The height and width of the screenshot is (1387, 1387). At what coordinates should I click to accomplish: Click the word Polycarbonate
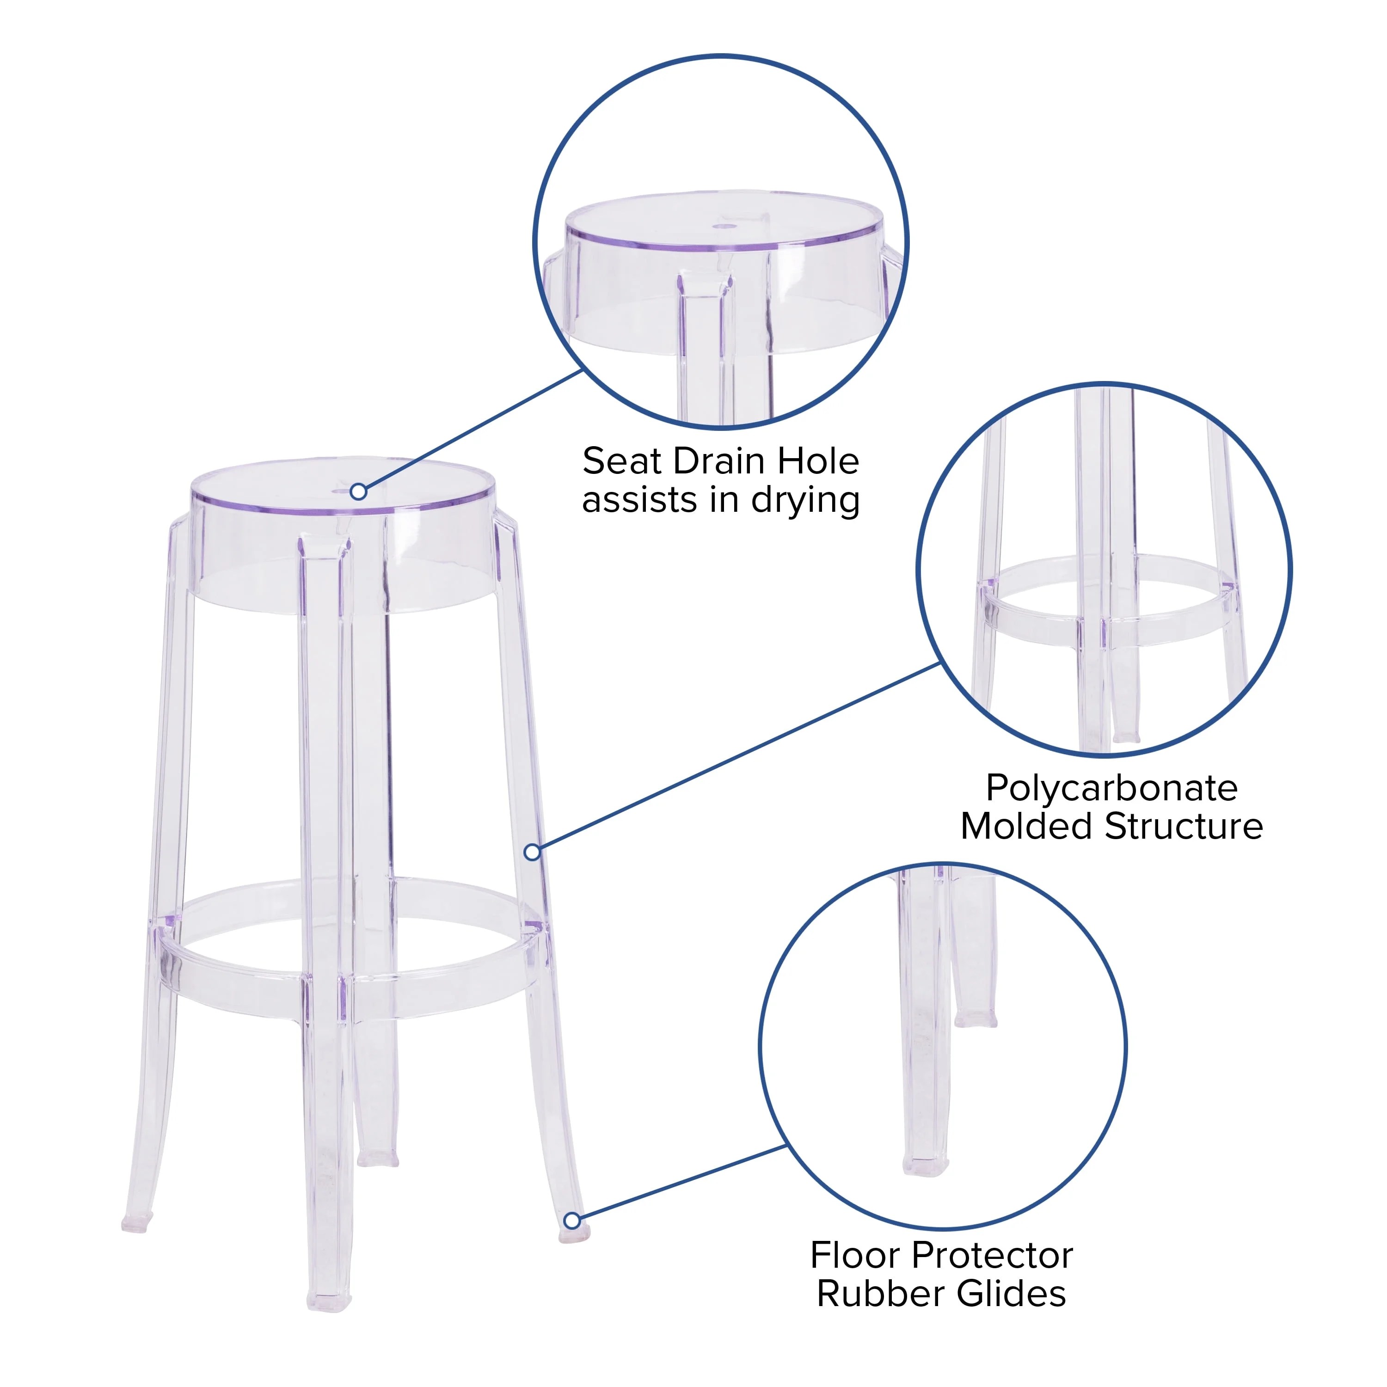coord(1111,789)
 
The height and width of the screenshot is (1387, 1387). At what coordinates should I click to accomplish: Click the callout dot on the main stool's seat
coord(359,492)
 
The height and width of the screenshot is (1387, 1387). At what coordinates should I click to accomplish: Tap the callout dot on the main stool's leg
coord(532,852)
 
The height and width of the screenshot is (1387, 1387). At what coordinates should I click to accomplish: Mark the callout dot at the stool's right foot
coord(571,1221)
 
